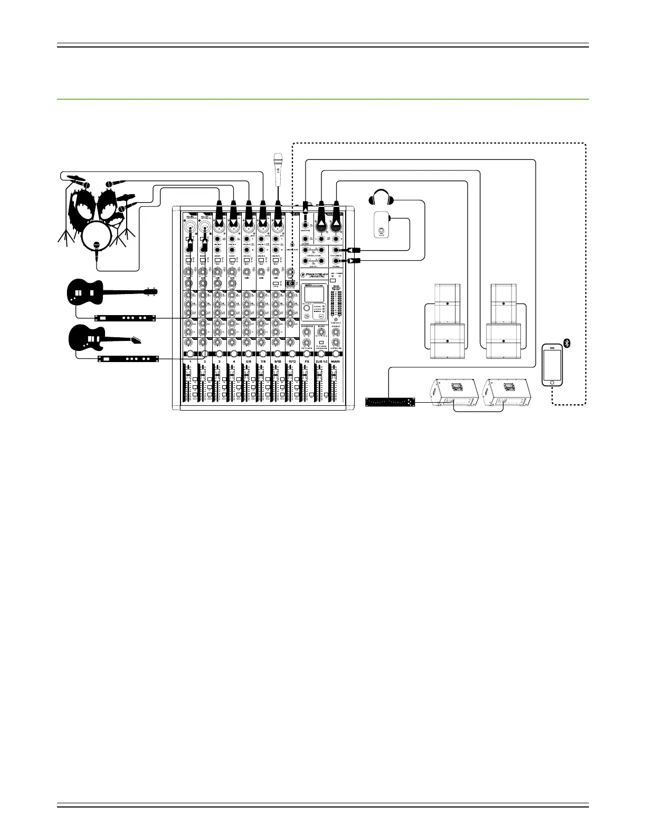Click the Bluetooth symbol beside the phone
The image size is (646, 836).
[567, 344]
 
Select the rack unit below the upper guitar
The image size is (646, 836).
[125, 318]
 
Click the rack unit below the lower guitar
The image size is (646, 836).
[128, 359]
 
